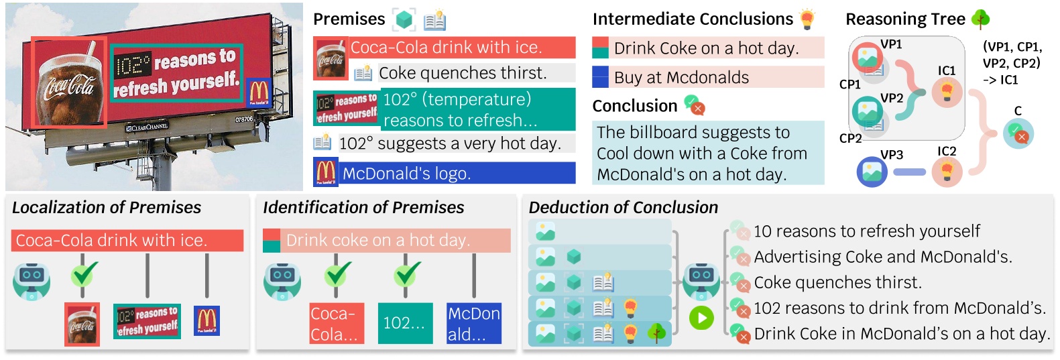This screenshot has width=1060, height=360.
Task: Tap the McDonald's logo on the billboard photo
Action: click(x=258, y=92)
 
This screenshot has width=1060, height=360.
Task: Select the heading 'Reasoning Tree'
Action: click(x=904, y=19)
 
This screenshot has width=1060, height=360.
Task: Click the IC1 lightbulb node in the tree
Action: click(x=947, y=92)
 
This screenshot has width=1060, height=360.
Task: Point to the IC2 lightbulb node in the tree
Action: click(x=947, y=172)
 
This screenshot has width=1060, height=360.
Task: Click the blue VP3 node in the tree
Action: click(x=872, y=172)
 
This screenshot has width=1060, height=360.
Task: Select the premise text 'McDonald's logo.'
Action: click(x=406, y=174)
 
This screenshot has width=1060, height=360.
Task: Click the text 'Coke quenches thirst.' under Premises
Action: click(x=463, y=73)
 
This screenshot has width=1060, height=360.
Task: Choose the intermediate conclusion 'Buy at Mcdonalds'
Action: click(x=681, y=78)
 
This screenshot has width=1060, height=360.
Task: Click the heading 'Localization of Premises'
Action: click(x=107, y=208)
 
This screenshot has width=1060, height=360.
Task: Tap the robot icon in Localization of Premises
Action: click(x=32, y=280)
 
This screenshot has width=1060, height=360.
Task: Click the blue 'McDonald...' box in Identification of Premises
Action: click(x=474, y=324)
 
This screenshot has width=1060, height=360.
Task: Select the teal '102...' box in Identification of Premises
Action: click(x=404, y=323)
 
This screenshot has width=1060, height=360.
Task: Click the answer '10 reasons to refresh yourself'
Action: click(x=866, y=232)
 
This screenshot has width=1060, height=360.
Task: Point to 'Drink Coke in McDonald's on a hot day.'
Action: click(x=902, y=334)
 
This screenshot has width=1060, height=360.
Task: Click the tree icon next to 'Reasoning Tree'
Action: click(x=981, y=19)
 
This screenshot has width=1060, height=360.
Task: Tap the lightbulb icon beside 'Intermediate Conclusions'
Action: click(x=808, y=19)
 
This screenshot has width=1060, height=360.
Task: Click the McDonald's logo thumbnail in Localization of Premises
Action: click(x=207, y=320)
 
